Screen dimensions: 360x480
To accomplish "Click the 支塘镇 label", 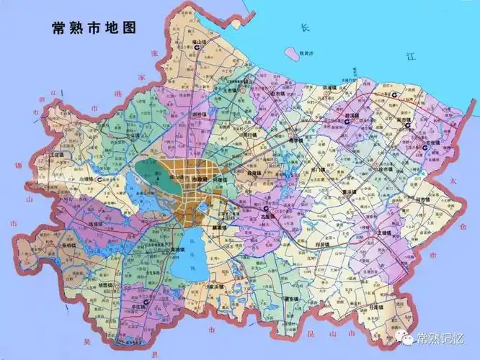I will pyautogui.click(x=386, y=233).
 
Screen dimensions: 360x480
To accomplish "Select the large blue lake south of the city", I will pyautogui.click(x=189, y=248).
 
